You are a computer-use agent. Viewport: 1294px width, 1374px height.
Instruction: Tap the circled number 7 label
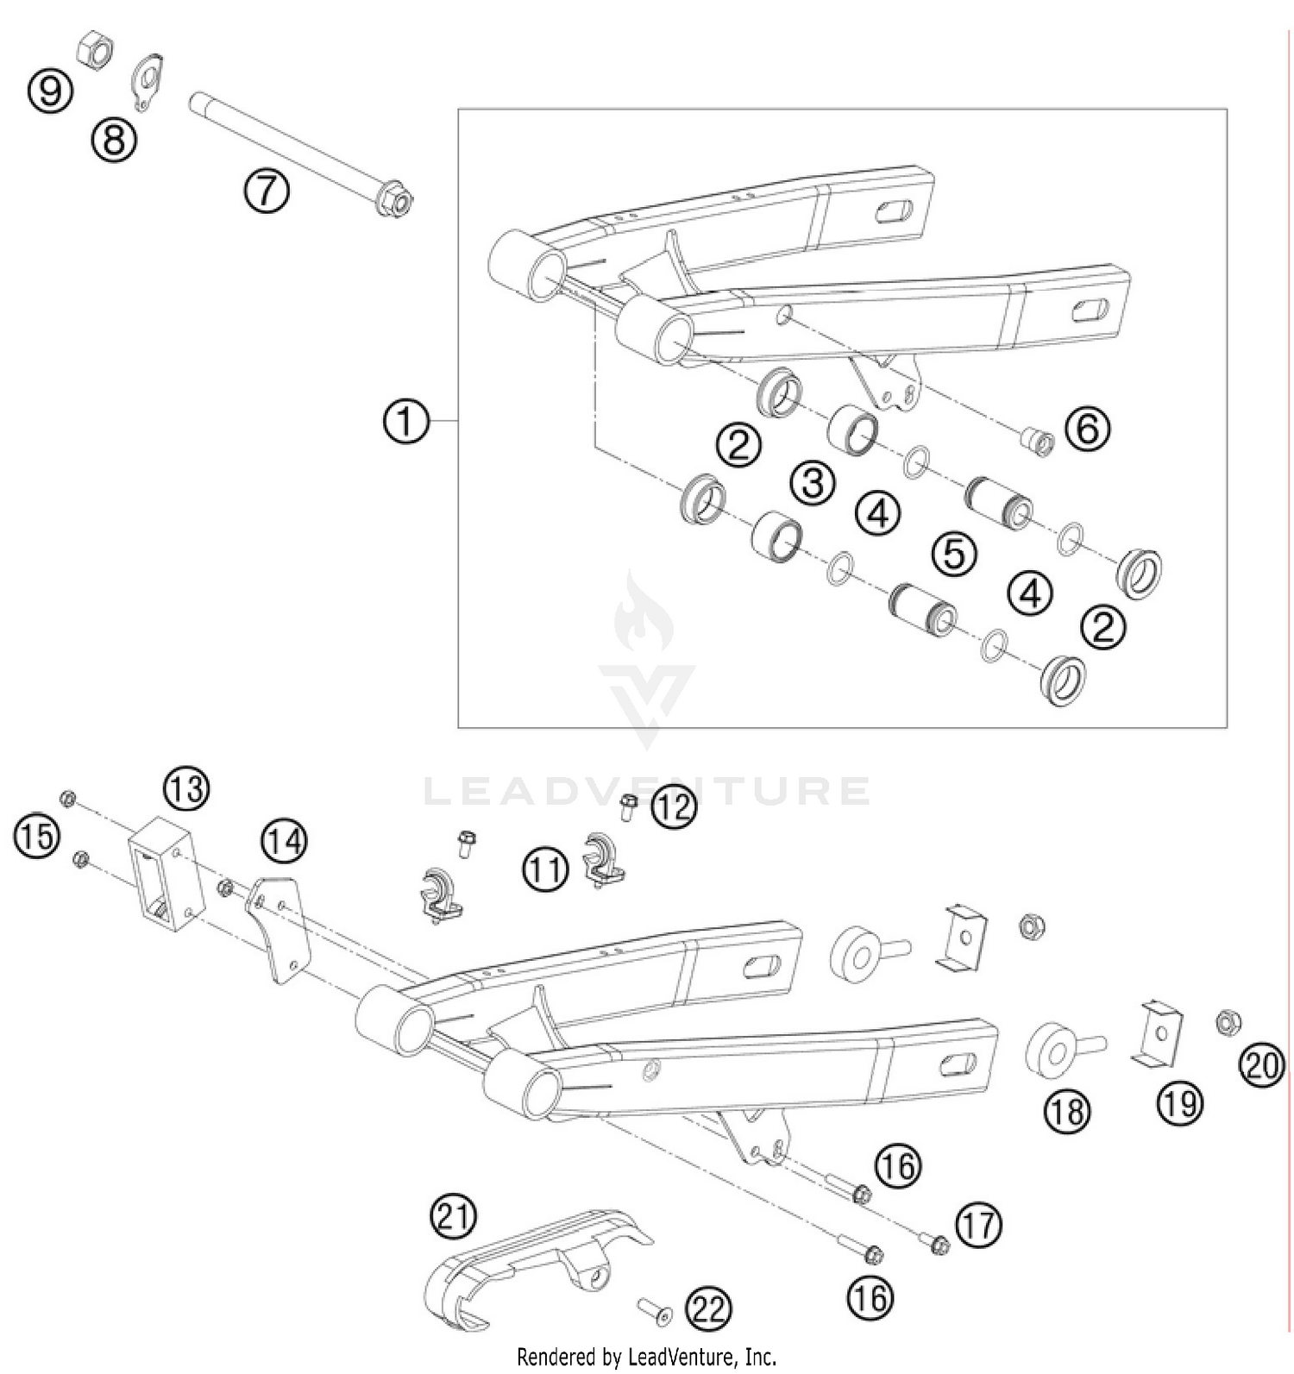pyautogui.click(x=266, y=191)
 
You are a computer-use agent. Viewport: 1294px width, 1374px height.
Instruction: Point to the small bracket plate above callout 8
pyautogui.click(x=148, y=83)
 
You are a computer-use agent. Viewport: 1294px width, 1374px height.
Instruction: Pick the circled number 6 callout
pyautogui.click(x=1087, y=429)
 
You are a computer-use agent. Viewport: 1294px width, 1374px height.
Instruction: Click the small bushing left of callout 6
pyautogui.click(x=1034, y=442)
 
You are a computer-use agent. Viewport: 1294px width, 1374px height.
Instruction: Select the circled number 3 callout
pyautogui.click(x=813, y=484)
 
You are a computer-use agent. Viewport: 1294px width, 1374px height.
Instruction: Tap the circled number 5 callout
pyautogui.click(x=954, y=553)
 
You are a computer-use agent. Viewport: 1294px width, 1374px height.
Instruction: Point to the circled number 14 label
pyautogui.click(x=285, y=840)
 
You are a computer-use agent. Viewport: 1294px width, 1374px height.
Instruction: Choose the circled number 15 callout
pyautogui.click(x=36, y=838)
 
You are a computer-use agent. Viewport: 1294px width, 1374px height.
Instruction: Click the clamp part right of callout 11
pyautogui.click(x=604, y=859)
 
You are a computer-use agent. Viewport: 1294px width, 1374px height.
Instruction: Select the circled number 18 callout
pyautogui.click(x=1067, y=1111)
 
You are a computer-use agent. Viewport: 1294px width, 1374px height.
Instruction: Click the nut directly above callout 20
pyautogui.click(x=1227, y=1023)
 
